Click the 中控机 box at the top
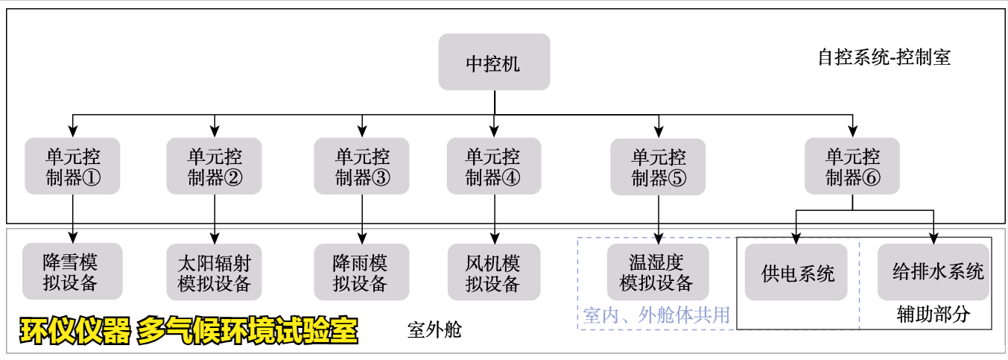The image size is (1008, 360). [x=494, y=63]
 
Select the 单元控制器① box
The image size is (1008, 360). [x=72, y=166]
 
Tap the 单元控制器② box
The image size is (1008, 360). [x=215, y=166]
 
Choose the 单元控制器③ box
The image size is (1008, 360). [x=362, y=166]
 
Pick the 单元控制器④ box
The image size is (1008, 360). [x=494, y=166]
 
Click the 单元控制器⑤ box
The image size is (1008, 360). [x=658, y=166]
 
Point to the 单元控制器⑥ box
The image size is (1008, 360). [x=852, y=166]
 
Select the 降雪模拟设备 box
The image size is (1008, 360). [x=72, y=272]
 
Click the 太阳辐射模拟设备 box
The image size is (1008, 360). [x=215, y=272]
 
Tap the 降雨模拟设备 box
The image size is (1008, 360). [x=362, y=272]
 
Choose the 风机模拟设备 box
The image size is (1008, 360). [x=494, y=272]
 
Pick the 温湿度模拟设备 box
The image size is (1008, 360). [x=658, y=272]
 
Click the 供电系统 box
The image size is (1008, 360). [x=796, y=272]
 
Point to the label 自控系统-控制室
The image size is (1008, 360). [x=884, y=57]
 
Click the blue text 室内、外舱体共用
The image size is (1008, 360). [x=656, y=315]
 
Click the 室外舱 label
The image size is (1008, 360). [x=434, y=329]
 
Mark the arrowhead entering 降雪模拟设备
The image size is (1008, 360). [x=72, y=239]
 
